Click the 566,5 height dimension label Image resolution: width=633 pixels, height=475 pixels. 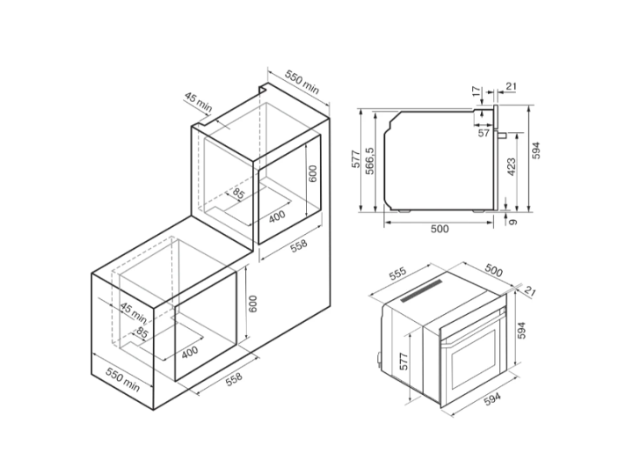pyautogui.click(x=370, y=160)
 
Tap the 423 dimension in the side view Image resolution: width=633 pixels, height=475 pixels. pyautogui.click(x=511, y=167)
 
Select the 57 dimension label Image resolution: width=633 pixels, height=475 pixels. pyautogui.click(x=484, y=133)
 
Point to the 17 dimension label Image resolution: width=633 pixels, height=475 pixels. pyautogui.click(x=477, y=91)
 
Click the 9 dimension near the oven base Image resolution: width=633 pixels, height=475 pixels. pyautogui.click(x=513, y=222)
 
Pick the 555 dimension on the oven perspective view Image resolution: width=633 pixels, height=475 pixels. pyautogui.click(x=397, y=274)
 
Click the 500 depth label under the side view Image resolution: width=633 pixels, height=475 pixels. pyautogui.click(x=440, y=229)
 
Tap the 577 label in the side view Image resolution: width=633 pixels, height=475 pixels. pyautogui.click(x=355, y=158)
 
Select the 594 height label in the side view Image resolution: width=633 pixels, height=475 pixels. pyautogui.click(x=535, y=150)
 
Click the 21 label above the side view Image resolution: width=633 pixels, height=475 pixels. pyautogui.click(x=511, y=86)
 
